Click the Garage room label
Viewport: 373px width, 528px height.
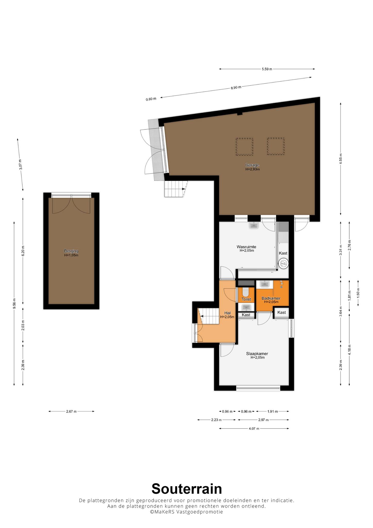252,165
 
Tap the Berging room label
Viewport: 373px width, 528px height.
71,251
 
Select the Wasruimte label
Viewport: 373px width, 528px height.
246,247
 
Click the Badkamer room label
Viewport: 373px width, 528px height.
271,298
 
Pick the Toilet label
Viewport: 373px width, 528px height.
246,299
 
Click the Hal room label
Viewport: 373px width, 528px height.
227,313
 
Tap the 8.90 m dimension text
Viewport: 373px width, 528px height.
236,87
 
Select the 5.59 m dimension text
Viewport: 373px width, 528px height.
267,69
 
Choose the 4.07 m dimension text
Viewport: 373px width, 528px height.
254,428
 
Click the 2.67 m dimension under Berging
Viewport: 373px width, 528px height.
71,411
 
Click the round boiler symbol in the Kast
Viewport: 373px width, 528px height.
283,263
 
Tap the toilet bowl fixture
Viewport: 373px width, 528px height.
246,292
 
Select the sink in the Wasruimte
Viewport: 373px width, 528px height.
254,225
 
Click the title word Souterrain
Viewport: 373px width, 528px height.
186,489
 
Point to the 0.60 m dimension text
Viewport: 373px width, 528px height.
151,99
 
